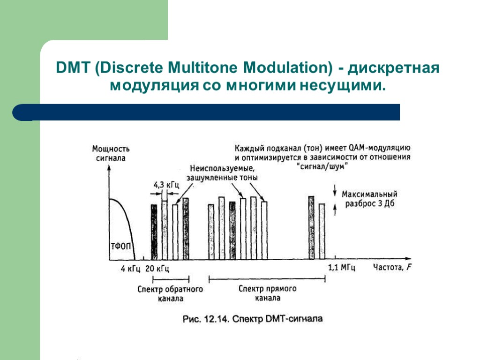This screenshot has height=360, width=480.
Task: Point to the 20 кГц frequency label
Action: [157, 269]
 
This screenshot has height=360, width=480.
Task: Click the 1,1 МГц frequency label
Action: [341, 268]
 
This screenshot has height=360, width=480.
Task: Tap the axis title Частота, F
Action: [393, 268]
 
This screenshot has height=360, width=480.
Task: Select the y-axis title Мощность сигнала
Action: [111, 153]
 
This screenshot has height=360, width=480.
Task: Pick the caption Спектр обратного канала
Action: [170, 293]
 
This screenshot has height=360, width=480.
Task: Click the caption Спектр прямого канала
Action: [268, 293]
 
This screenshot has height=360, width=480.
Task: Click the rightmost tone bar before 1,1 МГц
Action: [322, 231]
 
